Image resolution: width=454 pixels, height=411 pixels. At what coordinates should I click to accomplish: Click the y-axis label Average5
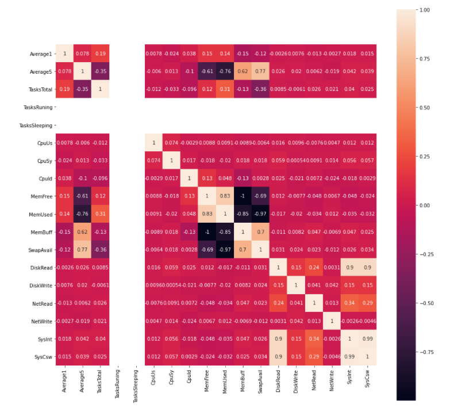pos(39,71)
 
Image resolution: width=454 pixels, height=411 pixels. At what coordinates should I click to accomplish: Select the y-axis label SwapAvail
pos(38,249)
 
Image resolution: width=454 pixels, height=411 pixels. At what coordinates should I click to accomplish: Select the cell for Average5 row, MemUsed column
pos(225,71)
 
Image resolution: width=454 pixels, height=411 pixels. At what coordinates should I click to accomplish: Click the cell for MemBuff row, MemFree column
pos(207,231)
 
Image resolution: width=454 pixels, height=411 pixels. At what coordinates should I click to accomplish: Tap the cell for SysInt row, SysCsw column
pos(367,338)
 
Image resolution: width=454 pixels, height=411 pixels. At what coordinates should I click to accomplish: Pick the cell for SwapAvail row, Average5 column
pos(82,249)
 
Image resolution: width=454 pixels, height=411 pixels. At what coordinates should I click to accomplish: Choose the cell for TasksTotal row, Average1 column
pos(64,89)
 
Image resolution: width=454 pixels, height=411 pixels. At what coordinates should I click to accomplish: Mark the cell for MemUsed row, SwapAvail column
pos(260,214)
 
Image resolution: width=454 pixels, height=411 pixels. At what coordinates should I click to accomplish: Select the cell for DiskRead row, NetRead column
pos(314,267)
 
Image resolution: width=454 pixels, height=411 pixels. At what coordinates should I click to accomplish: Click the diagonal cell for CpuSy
pos(171,160)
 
